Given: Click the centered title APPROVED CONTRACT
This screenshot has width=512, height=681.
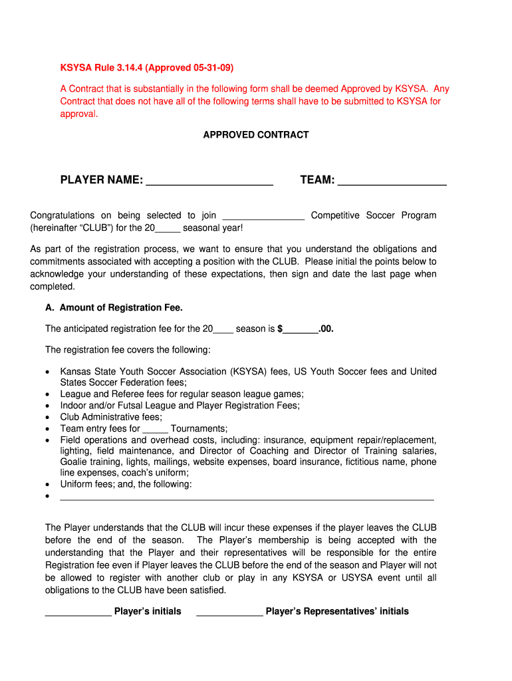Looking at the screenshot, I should [255, 134].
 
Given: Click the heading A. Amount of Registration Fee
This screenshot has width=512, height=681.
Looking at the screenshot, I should [114, 307].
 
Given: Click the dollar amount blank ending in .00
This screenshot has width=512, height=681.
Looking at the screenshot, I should [301, 329].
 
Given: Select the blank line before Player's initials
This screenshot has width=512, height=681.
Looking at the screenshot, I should [78, 613].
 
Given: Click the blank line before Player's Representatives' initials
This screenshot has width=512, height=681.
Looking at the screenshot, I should [229, 613].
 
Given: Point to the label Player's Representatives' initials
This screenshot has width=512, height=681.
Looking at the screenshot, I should [337, 611].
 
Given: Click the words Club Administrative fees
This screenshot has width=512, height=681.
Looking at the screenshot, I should [111, 417].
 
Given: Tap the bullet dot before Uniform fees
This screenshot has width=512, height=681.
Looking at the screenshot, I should [48, 485].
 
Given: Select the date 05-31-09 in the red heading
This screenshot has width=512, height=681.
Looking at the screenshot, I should [212, 68].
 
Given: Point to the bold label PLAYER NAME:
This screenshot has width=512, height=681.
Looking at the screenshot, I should [101, 180].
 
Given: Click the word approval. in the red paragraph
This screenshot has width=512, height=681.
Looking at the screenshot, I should [79, 114].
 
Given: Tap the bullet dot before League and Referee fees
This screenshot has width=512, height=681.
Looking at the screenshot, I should [48, 394].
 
